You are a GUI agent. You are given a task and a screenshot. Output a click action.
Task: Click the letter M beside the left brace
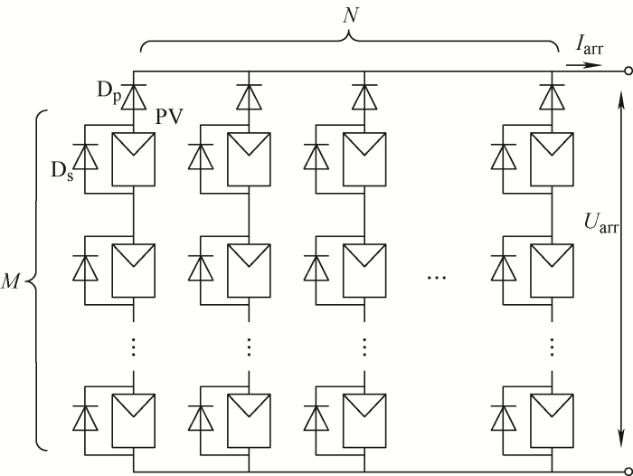14,279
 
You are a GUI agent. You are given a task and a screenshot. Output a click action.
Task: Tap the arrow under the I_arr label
583,64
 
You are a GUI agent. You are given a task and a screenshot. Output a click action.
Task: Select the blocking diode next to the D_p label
134,95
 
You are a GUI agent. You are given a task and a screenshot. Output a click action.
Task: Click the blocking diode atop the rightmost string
553,95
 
